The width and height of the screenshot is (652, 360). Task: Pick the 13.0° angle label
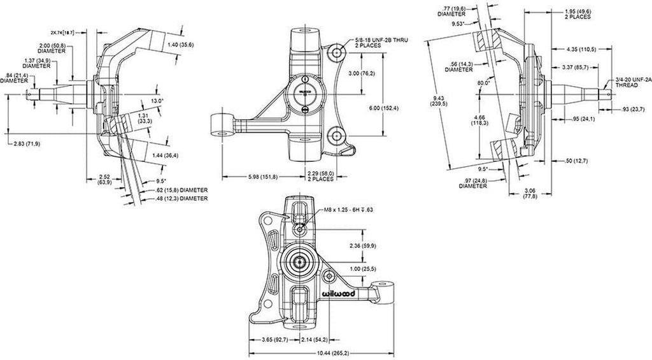(159, 101)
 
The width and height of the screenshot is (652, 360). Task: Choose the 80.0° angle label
(483, 83)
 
